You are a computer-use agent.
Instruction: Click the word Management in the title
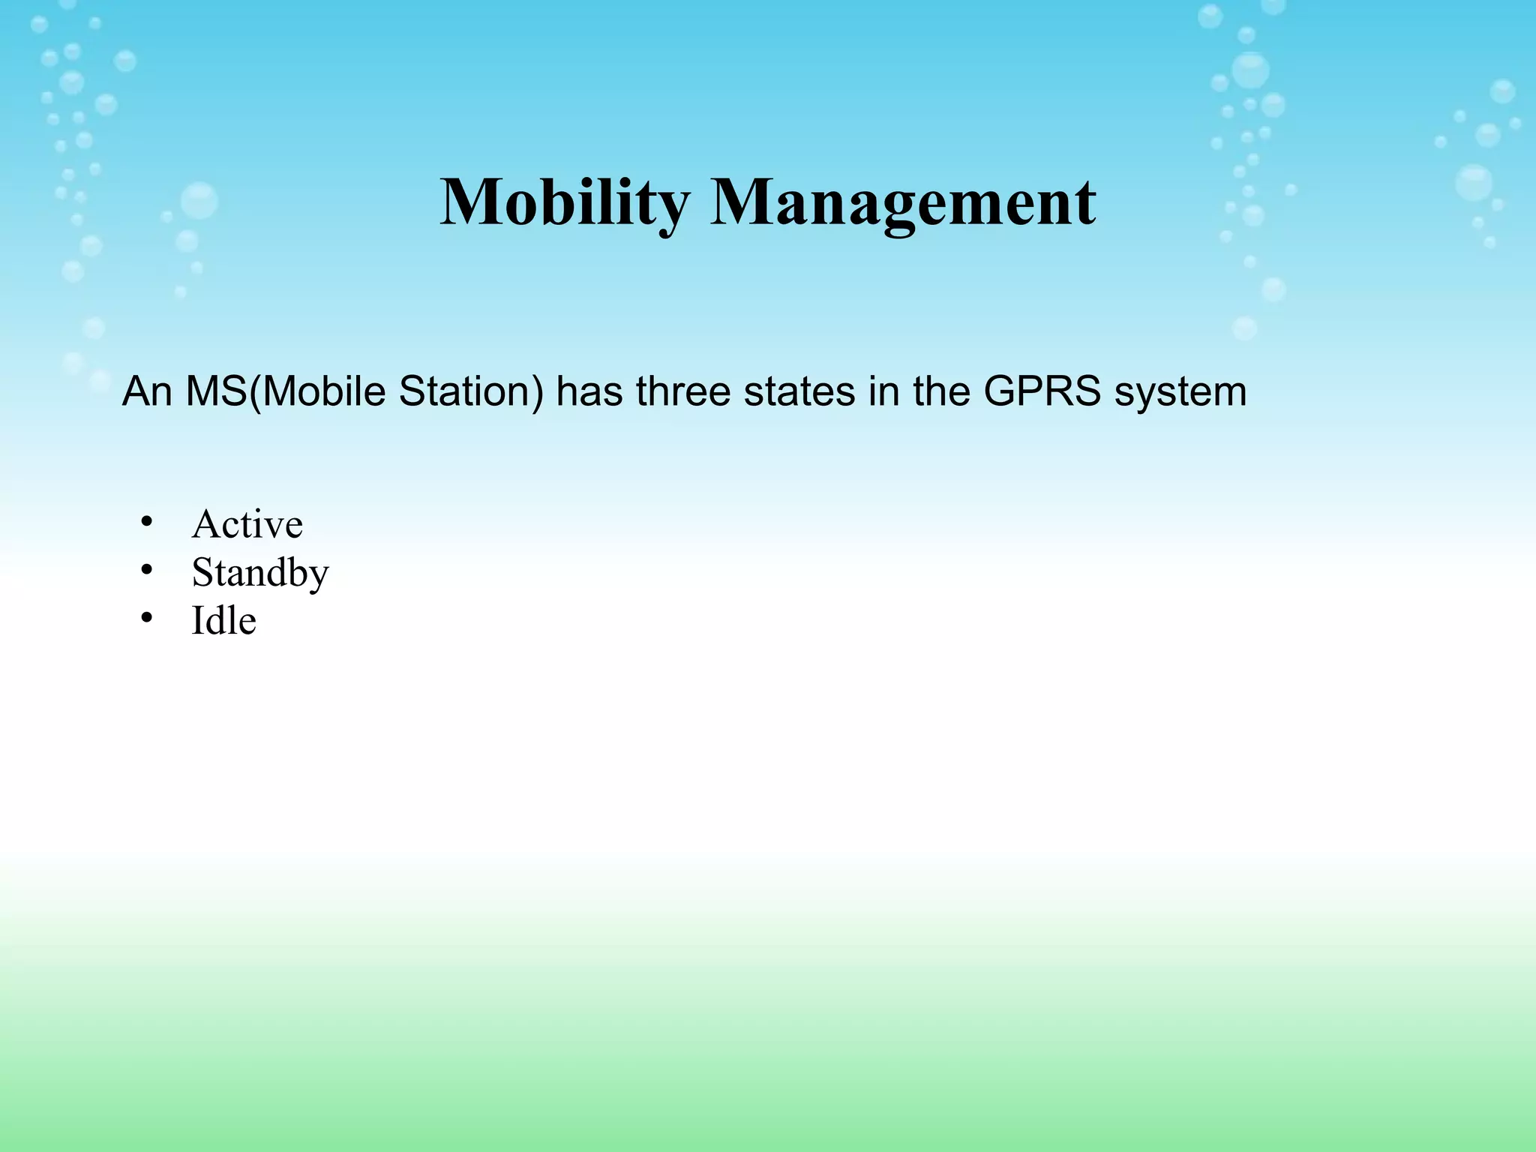pos(902,202)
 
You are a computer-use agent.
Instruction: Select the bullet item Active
pos(247,523)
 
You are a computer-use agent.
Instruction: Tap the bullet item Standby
pos(259,573)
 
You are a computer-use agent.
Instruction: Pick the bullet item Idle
pos(223,621)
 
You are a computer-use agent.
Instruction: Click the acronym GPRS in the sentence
pos(1042,391)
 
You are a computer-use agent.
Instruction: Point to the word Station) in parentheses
pos(471,391)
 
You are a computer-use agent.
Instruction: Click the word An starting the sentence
pos(147,391)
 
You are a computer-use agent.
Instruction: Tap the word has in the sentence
pos(589,391)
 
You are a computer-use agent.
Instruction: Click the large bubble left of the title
pos(199,201)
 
